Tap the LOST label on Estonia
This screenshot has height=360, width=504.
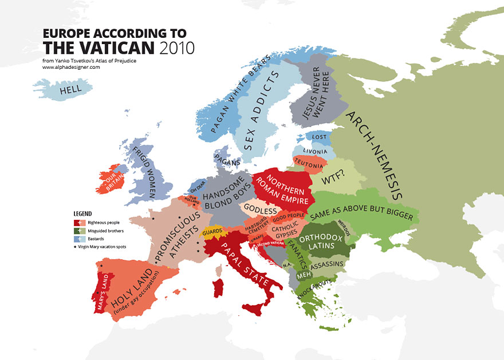[x=320, y=137]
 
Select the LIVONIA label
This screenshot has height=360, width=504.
[x=314, y=152]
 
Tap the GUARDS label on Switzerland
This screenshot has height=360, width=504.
[x=212, y=232]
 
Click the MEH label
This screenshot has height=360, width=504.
[x=303, y=274]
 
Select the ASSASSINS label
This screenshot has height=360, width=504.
[x=327, y=263]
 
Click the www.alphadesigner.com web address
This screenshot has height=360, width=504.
[x=71, y=67]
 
